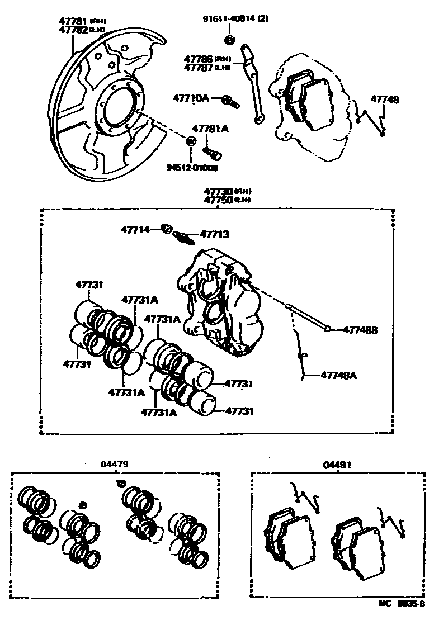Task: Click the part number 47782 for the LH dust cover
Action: tap(73, 30)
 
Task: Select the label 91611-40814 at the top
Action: tap(230, 18)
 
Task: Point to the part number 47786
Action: tap(199, 58)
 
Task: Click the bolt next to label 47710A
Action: tap(230, 101)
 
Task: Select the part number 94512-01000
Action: tap(191, 167)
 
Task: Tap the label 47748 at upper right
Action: tap(385, 100)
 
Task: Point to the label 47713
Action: tap(214, 235)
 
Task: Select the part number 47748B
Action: tap(360, 330)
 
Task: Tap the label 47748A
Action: tap(338, 375)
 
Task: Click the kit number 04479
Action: tap(115, 463)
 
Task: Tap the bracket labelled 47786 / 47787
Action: tap(252, 84)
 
